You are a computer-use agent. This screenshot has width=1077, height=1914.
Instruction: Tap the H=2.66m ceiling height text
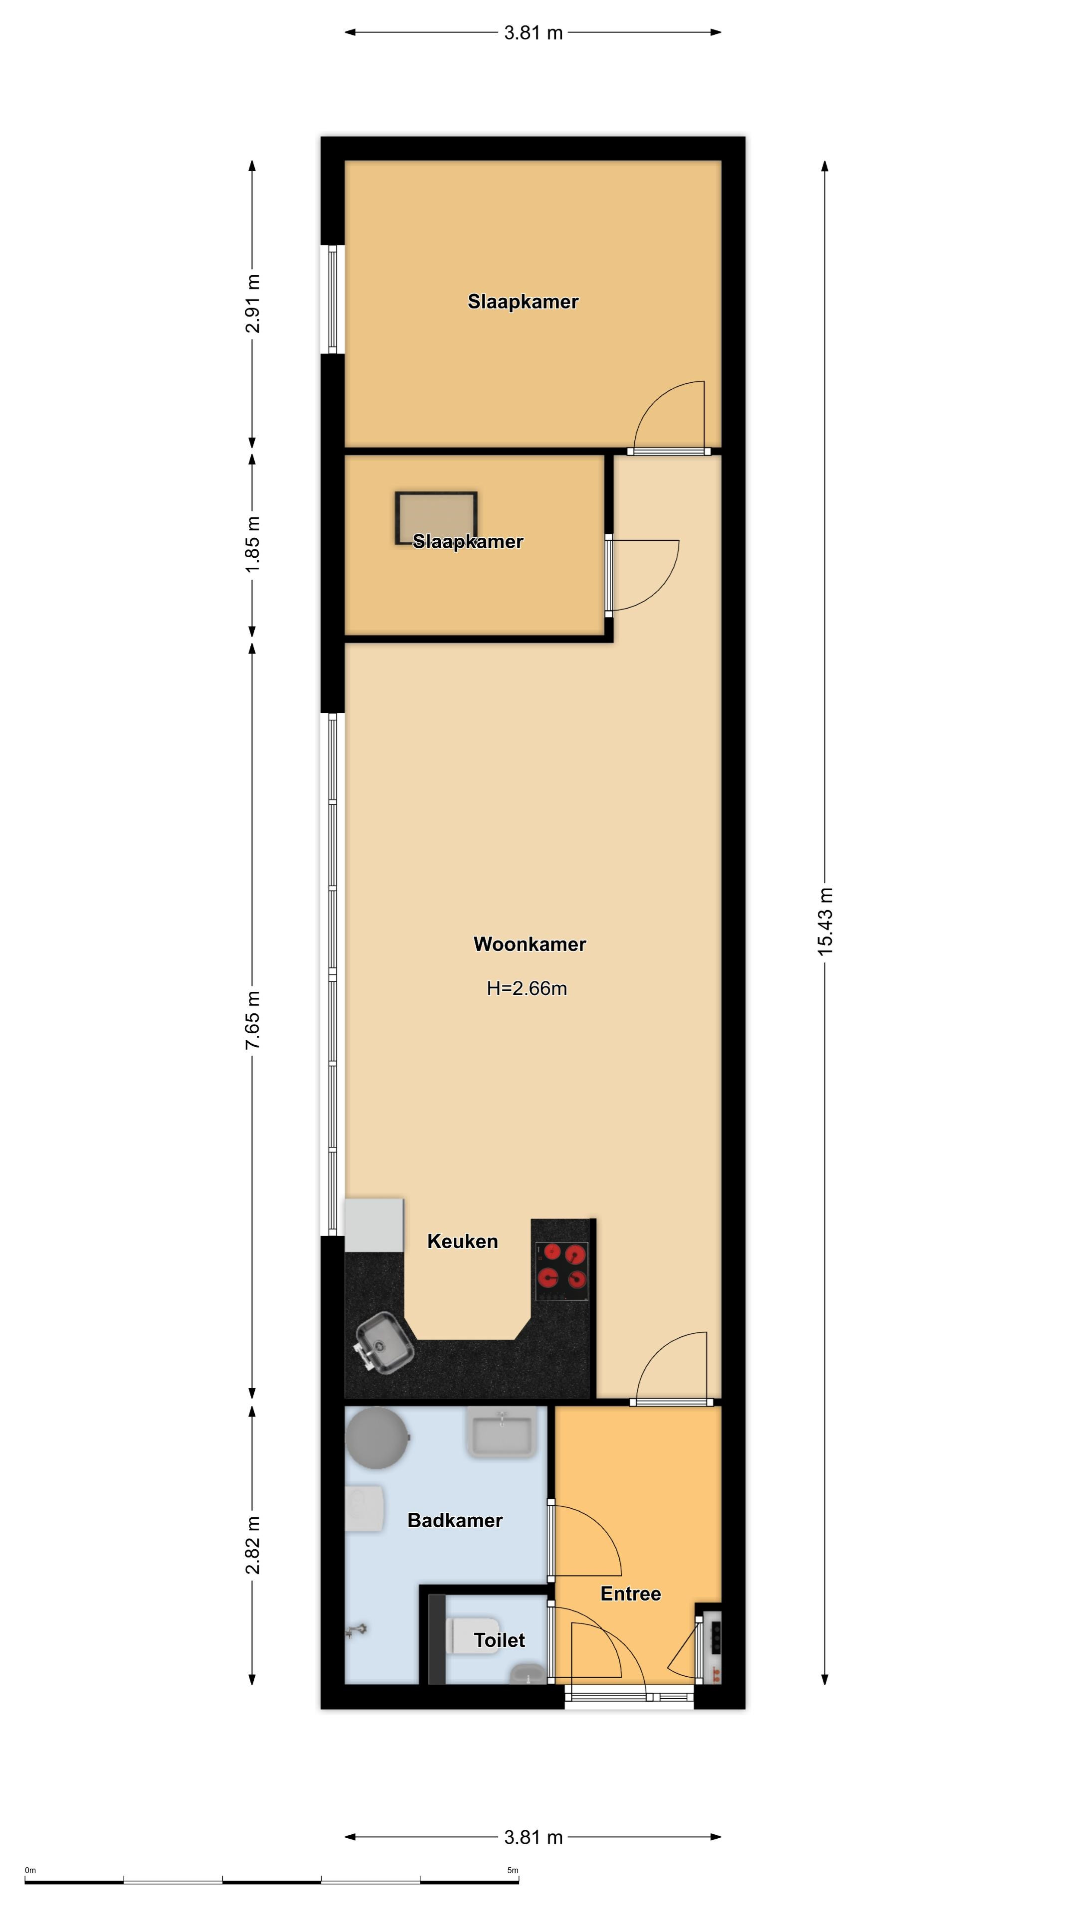[527, 988]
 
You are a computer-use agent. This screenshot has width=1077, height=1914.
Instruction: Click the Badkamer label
[455, 1520]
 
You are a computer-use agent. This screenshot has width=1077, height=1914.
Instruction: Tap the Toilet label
[500, 1640]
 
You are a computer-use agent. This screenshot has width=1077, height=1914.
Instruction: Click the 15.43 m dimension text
[825, 921]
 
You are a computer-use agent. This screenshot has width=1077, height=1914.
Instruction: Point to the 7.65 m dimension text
[253, 1021]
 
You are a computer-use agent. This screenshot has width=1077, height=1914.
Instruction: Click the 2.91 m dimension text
[253, 304]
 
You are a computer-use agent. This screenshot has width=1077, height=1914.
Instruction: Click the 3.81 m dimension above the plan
[533, 33]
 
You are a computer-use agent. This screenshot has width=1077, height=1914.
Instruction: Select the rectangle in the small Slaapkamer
[436, 518]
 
